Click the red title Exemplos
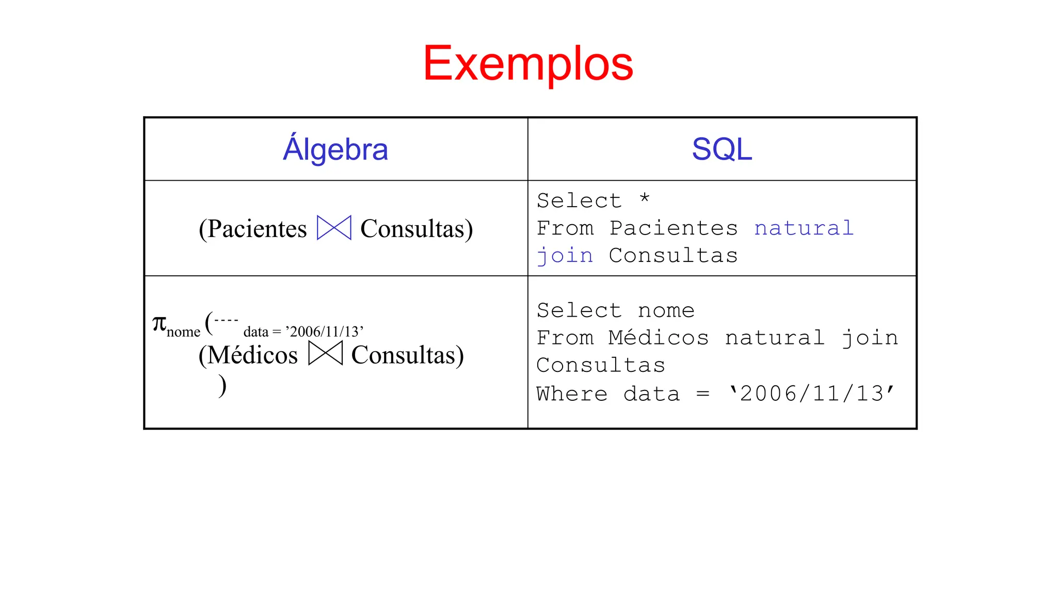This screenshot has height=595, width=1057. click(x=528, y=64)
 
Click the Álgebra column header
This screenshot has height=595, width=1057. click(x=335, y=149)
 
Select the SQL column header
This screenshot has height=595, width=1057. click(x=722, y=149)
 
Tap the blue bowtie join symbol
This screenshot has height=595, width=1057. click(x=334, y=228)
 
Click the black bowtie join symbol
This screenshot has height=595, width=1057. click(x=325, y=354)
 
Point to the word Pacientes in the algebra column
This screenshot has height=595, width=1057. click(x=257, y=229)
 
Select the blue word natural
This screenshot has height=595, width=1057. click(x=804, y=228)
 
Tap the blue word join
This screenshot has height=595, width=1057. click(x=565, y=256)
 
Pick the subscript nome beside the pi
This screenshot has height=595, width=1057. click(x=183, y=332)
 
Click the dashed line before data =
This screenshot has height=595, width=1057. click(x=226, y=320)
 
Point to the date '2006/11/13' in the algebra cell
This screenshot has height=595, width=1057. click(x=325, y=332)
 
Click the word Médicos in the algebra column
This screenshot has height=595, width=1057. click(x=252, y=355)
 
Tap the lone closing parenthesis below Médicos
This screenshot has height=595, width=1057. click(x=222, y=385)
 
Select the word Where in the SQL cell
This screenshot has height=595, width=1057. click(x=572, y=394)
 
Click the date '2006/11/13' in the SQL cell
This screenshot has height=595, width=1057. click(x=811, y=394)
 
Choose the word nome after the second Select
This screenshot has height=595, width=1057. click(x=666, y=311)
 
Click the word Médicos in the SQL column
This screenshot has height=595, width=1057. click(x=659, y=338)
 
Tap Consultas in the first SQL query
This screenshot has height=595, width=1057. click(x=673, y=256)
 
